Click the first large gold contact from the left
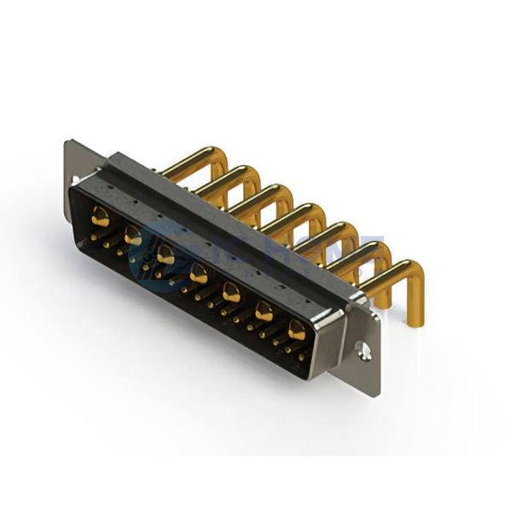click(x=101, y=218)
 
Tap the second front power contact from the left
click(x=133, y=236)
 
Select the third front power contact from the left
click(x=166, y=254)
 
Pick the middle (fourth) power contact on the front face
click(x=198, y=274)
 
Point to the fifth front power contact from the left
click(x=230, y=293)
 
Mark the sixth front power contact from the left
click(x=264, y=311)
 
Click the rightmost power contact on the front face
click(x=296, y=330)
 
